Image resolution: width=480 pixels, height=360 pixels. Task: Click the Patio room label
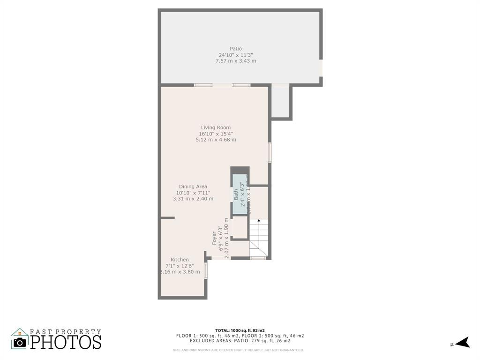pos(236,49)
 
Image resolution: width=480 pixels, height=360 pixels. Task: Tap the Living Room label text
pos(216,127)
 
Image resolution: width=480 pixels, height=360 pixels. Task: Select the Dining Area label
pos(193,187)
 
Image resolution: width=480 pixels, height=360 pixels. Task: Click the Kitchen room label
pos(180,260)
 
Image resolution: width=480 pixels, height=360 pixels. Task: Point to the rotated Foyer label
pos(215,238)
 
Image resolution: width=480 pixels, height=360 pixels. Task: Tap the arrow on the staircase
pos(259,221)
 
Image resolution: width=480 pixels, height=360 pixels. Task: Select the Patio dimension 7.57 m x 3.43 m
pos(236,61)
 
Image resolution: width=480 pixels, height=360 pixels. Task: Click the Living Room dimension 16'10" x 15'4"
pos(216,134)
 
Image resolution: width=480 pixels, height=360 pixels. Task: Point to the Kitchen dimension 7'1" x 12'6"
pos(180,266)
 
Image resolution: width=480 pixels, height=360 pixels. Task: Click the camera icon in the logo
pos(20,342)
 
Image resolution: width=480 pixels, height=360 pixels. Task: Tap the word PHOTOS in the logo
pos(66,342)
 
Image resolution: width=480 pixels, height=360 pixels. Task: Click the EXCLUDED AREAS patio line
pos(240,341)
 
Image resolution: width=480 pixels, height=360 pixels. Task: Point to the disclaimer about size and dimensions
pos(238,350)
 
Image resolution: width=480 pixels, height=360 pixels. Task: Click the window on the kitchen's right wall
pos(206,271)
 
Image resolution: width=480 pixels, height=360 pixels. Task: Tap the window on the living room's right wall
pos(270,152)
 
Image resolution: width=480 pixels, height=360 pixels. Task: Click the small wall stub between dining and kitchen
pos(168,217)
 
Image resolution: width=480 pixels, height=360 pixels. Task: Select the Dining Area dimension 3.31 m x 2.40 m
pos(193,199)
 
